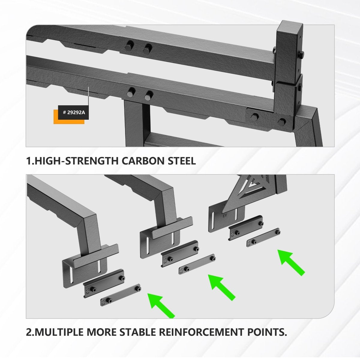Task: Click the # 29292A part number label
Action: [73, 112]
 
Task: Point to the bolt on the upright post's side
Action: [301, 55]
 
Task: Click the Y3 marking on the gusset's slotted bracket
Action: [225, 216]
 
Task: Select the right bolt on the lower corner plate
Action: [282, 122]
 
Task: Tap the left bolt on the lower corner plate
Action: [254, 117]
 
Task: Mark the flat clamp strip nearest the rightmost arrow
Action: [263, 237]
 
